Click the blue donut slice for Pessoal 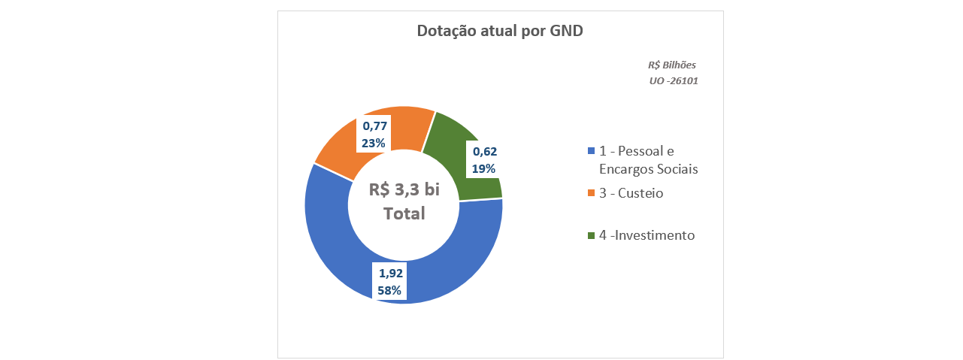click(331, 248)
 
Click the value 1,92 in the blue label click(390, 273)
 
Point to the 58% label click(389, 289)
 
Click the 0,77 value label click(374, 126)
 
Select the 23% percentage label click(374, 143)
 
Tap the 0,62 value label click(484, 151)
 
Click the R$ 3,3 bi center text click(404, 189)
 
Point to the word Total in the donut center click(404, 213)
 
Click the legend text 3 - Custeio click(631, 193)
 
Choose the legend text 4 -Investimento click(647, 235)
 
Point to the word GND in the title click(566, 32)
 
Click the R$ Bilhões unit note click(672, 65)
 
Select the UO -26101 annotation click(674, 80)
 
